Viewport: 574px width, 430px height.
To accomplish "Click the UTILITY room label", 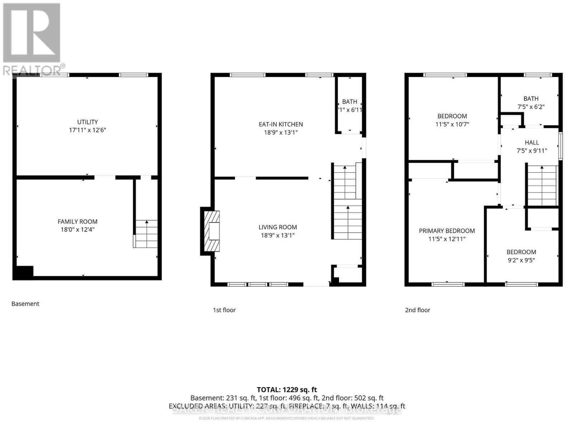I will click(88, 122).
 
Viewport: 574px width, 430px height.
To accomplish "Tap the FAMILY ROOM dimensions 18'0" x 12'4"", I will click(77, 230).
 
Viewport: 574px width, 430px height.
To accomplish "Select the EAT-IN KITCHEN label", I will click(281, 124).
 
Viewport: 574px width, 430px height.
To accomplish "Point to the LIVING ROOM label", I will click(278, 227).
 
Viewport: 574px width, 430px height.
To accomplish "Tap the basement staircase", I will click(146, 234).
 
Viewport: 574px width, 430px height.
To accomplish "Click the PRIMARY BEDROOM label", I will click(447, 231).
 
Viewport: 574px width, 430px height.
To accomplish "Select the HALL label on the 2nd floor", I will click(532, 143).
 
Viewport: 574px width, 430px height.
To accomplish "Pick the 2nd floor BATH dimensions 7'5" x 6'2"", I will click(531, 107).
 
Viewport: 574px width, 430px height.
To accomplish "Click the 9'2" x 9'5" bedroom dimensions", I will click(521, 261).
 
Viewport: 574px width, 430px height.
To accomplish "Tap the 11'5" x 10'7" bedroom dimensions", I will click(452, 124).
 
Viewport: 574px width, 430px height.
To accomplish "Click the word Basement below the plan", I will click(25, 304).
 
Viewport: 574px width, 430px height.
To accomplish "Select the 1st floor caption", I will click(224, 310).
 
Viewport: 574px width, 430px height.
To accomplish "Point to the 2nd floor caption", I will click(417, 310).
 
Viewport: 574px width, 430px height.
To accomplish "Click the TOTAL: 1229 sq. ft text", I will click(287, 390).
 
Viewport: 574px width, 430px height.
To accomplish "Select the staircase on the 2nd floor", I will click(542, 186).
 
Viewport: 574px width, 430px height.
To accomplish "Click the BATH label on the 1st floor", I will click(349, 102).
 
